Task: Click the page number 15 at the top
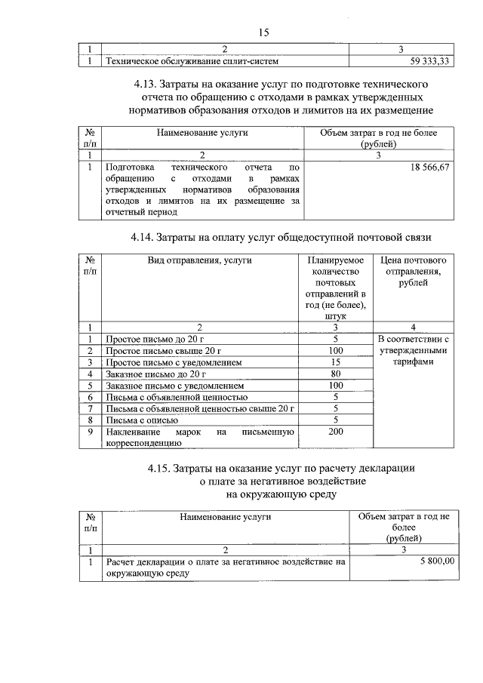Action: tap(263, 32)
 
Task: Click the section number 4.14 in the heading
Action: tap(143, 237)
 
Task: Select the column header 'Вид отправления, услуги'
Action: tap(200, 260)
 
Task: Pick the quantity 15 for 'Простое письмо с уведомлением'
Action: tap(336, 362)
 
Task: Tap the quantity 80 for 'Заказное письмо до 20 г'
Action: tap(336, 374)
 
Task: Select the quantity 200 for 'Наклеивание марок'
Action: tap(336, 431)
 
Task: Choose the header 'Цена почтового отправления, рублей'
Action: tap(413, 272)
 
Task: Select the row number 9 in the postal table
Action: tap(90, 431)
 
